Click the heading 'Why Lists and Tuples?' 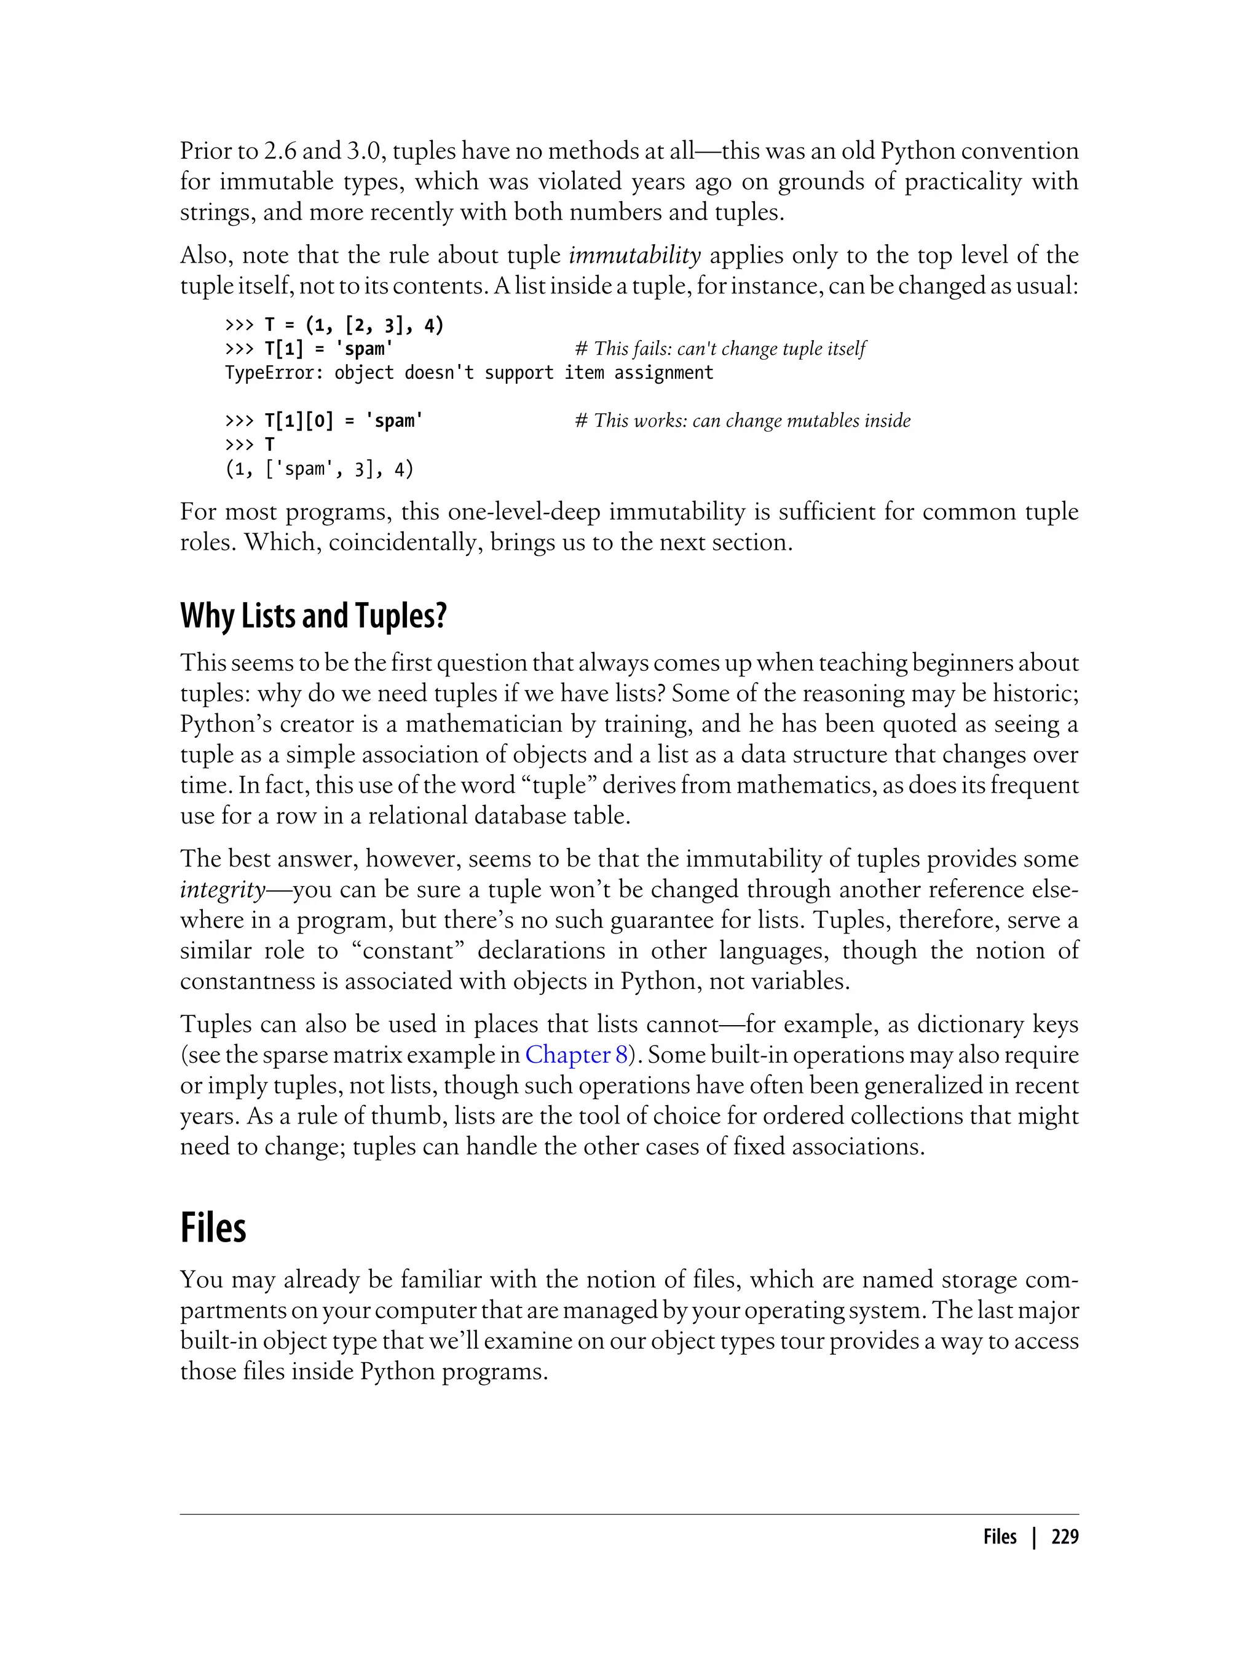pos(314,616)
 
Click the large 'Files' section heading pos(213,1228)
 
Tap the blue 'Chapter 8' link pos(575,1055)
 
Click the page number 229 pos(1064,1537)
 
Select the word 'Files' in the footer pos(1000,1537)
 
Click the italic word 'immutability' pos(635,256)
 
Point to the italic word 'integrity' pos(223,890)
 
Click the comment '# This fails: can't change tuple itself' pos(719,349)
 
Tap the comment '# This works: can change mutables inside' pos(742,421)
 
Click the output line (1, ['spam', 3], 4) pos(319,469)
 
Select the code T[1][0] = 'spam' pos(343,421)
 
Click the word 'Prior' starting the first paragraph pos(207,151)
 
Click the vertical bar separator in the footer pos(1034,1537)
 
